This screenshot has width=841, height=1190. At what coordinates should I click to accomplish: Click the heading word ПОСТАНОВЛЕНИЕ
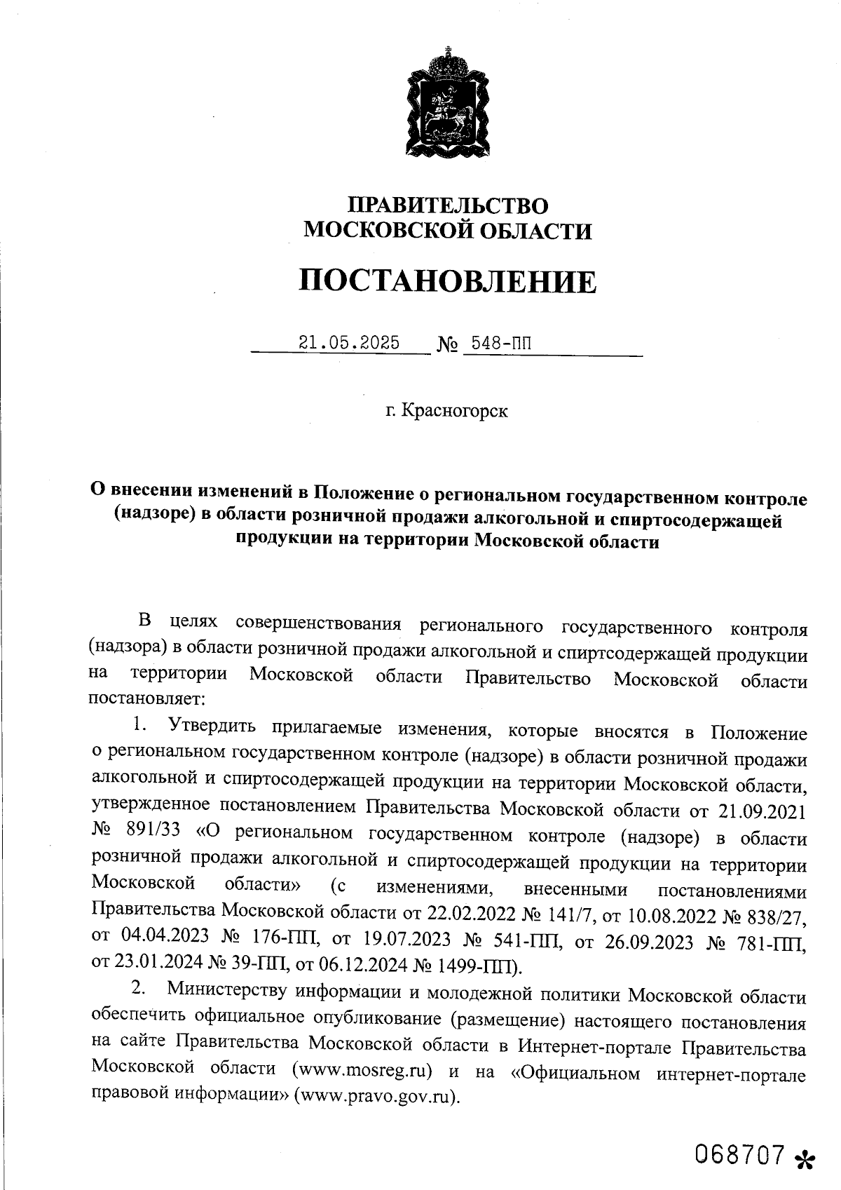pos(448,282)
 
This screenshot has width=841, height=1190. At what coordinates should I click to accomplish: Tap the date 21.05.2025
pos(349,343)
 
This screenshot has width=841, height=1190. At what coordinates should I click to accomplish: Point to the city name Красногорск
pos(456,411)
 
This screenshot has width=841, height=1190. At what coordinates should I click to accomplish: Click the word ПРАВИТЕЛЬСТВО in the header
pos(448,205)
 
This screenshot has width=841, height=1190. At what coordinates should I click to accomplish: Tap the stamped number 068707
pos(738,1154)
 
